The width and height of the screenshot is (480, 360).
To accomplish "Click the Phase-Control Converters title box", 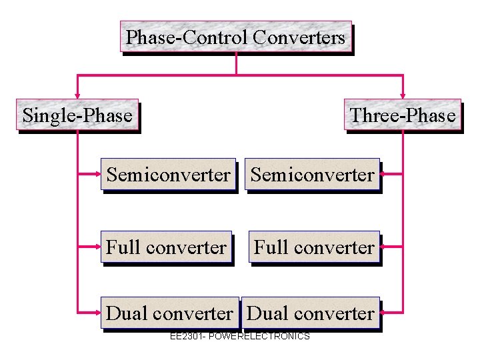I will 235,37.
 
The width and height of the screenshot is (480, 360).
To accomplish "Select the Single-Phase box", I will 77,115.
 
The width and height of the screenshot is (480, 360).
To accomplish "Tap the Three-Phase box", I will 403,115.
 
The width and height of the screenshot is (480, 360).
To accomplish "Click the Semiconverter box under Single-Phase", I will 168,175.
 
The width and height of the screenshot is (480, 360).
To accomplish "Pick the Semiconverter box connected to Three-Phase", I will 312,175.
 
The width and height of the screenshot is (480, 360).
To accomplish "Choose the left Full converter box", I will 166,247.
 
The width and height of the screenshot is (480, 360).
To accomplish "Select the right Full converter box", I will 314,247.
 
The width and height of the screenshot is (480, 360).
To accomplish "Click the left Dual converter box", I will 169,313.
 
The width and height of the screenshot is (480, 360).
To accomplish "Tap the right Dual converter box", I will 311,313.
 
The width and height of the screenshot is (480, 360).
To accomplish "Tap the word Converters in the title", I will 300,37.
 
